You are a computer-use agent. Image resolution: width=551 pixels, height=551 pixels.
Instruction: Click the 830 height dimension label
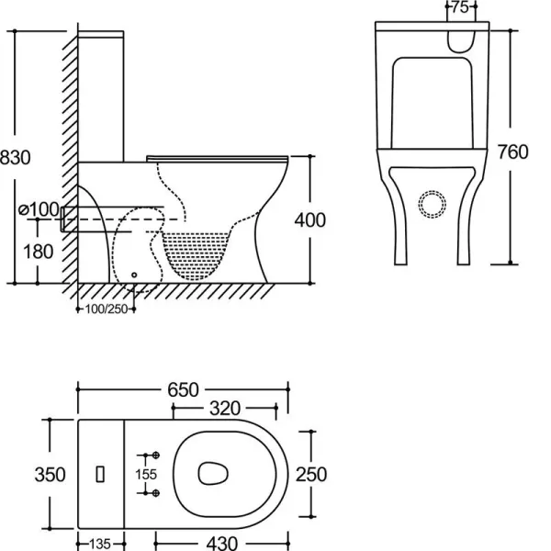point(15,157)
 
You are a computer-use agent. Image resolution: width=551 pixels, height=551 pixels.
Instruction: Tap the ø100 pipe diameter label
point(39,209)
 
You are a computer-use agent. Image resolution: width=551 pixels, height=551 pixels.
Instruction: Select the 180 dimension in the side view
point(38,252)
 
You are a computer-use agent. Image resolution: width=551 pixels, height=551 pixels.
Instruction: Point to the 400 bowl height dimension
point(310,220)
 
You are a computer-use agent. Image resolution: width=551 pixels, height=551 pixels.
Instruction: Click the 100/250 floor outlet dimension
point(107,309)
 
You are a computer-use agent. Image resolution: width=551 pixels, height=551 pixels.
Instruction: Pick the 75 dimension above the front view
point(460,7)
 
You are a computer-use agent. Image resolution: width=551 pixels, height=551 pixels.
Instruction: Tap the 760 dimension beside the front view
point(513,152)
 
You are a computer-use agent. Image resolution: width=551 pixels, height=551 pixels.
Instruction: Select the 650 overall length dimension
point(183,389)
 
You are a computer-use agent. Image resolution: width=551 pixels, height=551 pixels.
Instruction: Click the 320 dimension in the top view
point(225,409)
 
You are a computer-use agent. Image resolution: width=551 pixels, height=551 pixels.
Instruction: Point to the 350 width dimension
point(50,475)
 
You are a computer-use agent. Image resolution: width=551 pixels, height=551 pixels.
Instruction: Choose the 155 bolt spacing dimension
point(146,475)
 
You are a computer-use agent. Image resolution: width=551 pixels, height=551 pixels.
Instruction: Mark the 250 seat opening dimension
point(311,475)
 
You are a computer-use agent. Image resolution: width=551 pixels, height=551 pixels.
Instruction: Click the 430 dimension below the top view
point(221,544)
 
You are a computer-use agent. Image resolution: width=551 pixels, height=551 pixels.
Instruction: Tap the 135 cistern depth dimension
point(100,544)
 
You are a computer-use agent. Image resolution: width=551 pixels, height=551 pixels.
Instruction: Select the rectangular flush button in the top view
point(100,474)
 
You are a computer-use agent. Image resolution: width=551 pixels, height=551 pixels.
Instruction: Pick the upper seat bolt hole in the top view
point(156,455)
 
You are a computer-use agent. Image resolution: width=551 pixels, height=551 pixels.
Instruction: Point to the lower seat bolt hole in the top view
point(156,493)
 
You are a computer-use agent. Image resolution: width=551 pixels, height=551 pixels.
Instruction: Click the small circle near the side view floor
point(134,275)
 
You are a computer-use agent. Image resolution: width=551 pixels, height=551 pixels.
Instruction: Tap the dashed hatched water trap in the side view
point(196,255)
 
